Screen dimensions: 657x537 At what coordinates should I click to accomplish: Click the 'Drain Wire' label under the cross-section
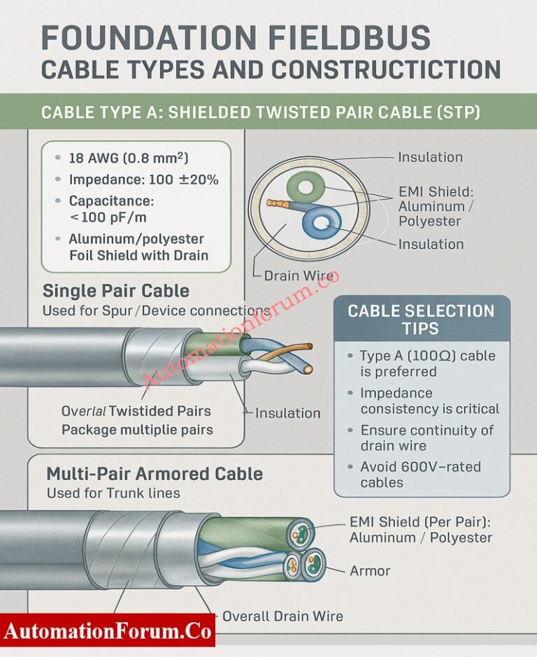pyautogui.click(x=299, y=276)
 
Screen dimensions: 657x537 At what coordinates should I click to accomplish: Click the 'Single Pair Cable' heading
pyautogui.click(x=115, y=291)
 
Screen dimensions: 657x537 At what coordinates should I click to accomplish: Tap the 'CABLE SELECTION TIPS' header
pyautogui.click(x=421, y=319)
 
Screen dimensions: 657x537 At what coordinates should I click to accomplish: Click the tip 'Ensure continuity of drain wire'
pyautogui.click(x=426, y=438)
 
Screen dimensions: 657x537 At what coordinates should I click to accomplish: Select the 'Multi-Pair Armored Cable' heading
pyautogui.click(x=154, y=474)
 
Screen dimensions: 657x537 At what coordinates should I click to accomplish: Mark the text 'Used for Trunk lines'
pyautogui.click(x=113, y=493)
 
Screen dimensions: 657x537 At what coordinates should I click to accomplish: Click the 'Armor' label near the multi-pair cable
pyautogui.click(x=370, y=571)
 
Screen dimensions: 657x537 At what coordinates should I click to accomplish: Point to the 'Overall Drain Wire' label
pyautogui.click(x=282, y=616)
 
